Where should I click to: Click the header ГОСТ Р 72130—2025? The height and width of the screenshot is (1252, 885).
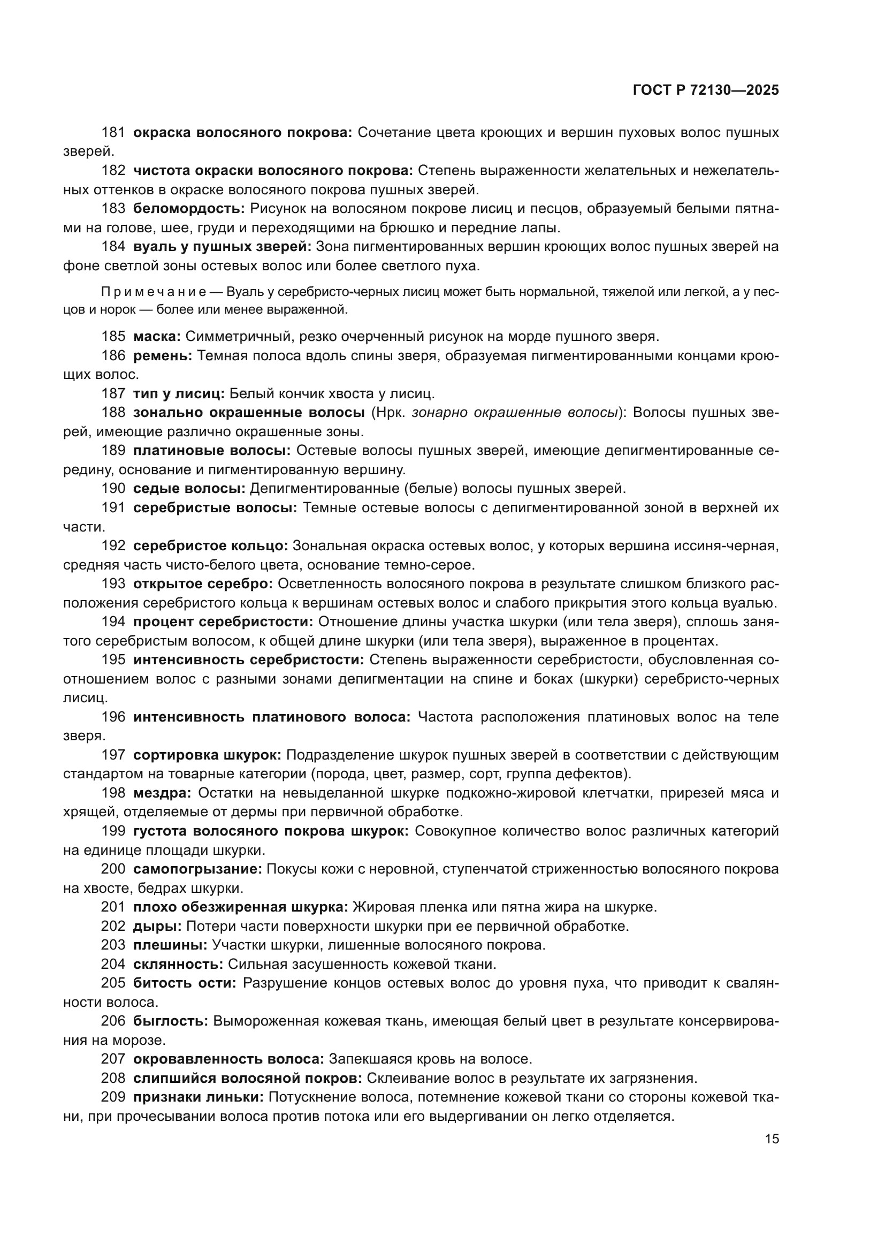706,90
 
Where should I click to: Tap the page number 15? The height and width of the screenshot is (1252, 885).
772,1139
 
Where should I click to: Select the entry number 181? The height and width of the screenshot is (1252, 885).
113,133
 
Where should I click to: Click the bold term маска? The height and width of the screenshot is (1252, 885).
157,337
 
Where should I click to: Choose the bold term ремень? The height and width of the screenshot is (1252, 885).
163,355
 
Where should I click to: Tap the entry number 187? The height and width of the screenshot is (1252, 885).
113,393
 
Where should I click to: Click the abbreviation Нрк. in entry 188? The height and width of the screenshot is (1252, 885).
388,412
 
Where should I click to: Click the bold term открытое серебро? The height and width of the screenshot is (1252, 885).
203,583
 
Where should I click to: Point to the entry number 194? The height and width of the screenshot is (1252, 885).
113,621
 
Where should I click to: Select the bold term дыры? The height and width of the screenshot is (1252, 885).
157,926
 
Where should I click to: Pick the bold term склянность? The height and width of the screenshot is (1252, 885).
178,963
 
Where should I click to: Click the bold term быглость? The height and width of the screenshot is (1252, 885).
171,1021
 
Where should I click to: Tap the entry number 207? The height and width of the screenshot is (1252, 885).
113,1059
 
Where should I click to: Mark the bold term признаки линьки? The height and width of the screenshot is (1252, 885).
199,1097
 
